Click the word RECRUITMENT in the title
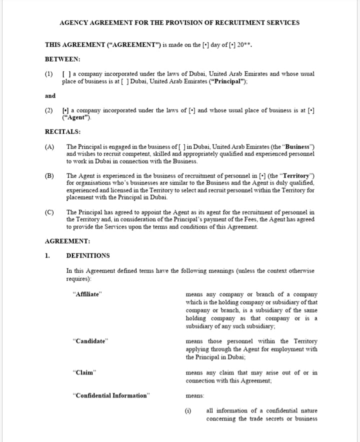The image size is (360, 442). pos(227,22)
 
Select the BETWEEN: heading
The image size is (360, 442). pos(62,59)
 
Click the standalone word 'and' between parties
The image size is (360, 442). pos(50,96)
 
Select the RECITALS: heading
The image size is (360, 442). pos(63,132)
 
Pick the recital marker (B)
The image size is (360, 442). pos(49,176)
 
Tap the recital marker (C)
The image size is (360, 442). pos(49,212)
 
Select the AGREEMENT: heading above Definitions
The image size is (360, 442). pos(67,241)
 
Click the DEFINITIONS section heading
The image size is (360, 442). pos(88,255)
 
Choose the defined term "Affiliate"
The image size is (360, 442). pos(87,294)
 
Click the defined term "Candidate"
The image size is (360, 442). pos(90,341)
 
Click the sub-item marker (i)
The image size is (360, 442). pos(188,411)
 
